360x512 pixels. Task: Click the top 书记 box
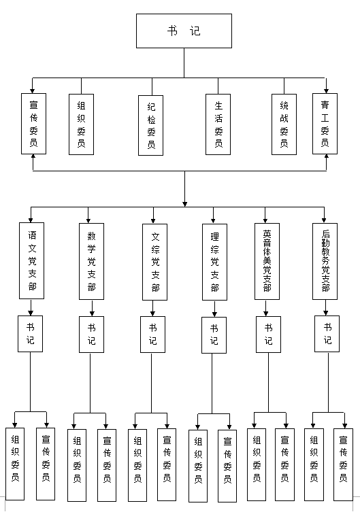coord(184,31)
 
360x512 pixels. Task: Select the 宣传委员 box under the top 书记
coord(33,124)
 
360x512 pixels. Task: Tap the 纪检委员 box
coord(150,125)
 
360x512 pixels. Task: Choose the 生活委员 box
coord(218,124)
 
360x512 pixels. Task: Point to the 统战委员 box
coord(284,124)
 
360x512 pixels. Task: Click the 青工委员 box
coord(325,124)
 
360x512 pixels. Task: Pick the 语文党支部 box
coord(32,261)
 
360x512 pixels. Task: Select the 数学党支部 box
coord(91,262)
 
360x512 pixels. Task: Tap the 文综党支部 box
coord(155,262)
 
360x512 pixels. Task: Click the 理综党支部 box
coord(214,262)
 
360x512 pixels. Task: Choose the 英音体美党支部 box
coord(267,262)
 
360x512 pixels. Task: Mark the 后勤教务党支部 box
coord(325,262)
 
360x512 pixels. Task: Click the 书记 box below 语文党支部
coord(30,334)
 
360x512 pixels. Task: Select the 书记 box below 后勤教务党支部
coord(327,334)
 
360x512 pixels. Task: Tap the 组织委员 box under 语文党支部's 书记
coord(15,464)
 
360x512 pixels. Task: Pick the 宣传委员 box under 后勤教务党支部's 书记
coord(344,464)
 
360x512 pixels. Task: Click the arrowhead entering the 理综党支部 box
coord(213,221)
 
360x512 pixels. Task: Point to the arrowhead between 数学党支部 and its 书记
coord(92,313)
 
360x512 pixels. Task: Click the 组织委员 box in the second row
coord(82,124)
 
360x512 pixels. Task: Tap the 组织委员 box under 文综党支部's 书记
coord(137,465)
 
